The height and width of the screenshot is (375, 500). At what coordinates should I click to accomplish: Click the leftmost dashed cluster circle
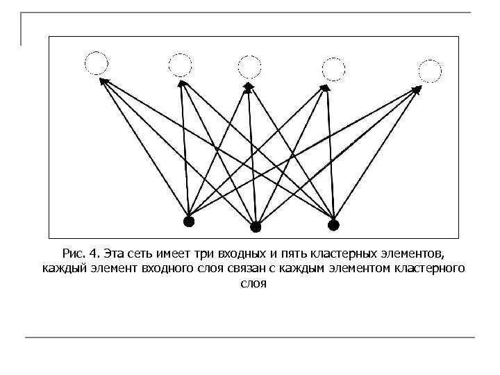coord(97,64)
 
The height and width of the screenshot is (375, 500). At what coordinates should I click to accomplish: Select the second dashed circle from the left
coord(180,65)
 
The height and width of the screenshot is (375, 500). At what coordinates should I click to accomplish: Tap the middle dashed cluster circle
coord(249,66)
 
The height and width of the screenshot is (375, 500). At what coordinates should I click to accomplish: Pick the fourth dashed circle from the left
coord(333,68)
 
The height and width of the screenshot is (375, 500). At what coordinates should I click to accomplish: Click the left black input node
coord(187,222)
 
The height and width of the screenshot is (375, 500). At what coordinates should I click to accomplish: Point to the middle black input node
coord(256,226)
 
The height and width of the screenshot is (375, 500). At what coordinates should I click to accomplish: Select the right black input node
coord(333,224)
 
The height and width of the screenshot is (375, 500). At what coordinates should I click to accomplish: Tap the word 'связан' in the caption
coord(265,268)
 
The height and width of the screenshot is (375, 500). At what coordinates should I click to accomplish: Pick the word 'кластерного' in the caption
coord(432,268)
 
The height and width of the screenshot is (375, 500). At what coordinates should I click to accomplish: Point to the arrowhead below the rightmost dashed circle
coord(419,89)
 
